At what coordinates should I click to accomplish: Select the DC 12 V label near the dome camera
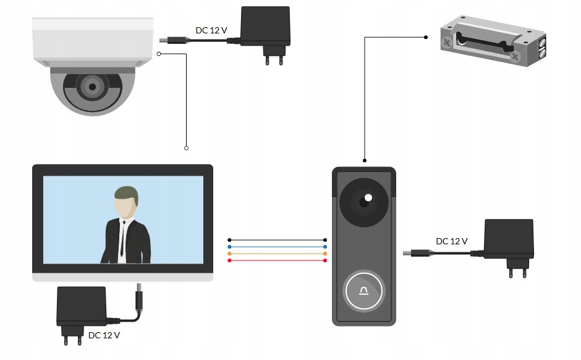(x=211, y=30)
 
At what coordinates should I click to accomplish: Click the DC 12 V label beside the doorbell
(x=452, y=241)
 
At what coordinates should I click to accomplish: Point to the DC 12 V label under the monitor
(x=104, y=335)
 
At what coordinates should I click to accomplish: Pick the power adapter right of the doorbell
(x=509, y=243)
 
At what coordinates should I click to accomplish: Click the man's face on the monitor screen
(x=125, y=205)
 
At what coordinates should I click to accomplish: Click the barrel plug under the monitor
(x=140, y=298)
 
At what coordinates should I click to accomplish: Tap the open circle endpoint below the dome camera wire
(x=186, y=148)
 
